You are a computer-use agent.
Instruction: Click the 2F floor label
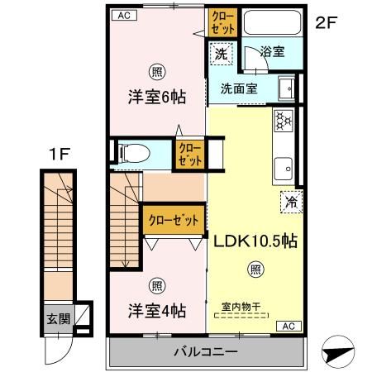point(327,24)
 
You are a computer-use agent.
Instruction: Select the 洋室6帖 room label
point(155,96)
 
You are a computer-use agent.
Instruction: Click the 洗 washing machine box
point(220,53)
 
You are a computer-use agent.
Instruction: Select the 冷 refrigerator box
point(290,199)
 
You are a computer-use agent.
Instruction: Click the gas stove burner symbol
point(284,122)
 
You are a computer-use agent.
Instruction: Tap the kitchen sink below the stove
point(284,165)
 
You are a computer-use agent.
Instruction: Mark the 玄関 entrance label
point(55,317)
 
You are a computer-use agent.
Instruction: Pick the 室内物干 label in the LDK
point(241,306)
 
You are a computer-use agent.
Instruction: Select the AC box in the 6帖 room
point(122,15)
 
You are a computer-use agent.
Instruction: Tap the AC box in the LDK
point(289,325)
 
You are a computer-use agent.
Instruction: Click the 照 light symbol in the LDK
point(256,269)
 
